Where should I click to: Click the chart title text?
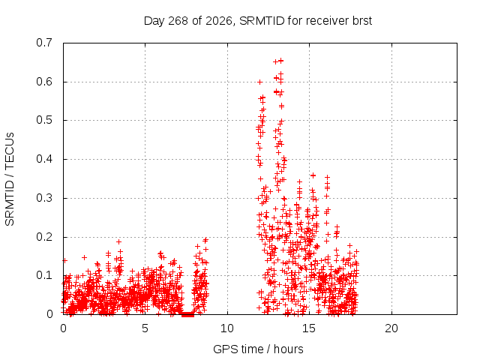(258, 21)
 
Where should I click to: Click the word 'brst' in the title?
(362, 21)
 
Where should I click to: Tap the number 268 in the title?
(178, 21)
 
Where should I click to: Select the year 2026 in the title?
(219, 21)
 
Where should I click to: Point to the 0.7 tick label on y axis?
(44, 43)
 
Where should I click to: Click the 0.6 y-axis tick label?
(44, 82)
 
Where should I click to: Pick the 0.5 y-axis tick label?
(44, 120)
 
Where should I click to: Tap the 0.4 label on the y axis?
(44, 159)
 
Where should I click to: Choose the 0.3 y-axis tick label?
(44, 198)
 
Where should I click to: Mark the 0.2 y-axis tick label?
(44, 237)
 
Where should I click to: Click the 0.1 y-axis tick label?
(44, 275)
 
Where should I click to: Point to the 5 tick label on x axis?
(145, 328)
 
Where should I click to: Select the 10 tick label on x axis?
(227, 328)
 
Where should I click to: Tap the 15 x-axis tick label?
(309, 328)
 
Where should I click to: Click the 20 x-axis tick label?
(391, 328)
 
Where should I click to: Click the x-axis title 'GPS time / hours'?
(258, 349)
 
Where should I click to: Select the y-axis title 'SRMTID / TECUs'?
(10, 179)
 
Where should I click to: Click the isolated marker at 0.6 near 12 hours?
(260, 82)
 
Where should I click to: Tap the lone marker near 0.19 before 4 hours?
(118, 241)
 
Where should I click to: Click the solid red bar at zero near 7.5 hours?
(187, 314)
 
